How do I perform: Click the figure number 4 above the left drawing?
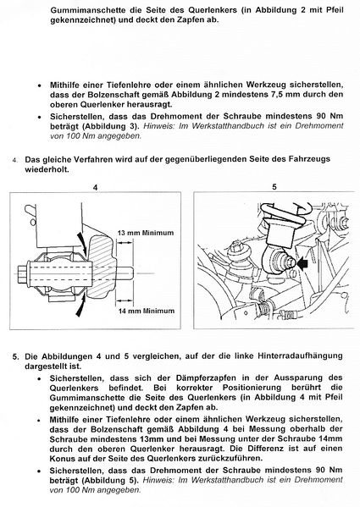[95, 187]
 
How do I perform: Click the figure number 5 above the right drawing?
[274, 187]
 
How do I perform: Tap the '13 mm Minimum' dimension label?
[146, 233]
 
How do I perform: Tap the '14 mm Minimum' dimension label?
[147, 311]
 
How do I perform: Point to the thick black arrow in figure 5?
[302, 264]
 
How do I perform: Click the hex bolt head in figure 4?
[23, 274]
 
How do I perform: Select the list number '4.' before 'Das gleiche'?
[15, 160]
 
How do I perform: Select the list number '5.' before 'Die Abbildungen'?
[16, 357]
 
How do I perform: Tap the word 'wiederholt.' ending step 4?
[47, 169]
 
